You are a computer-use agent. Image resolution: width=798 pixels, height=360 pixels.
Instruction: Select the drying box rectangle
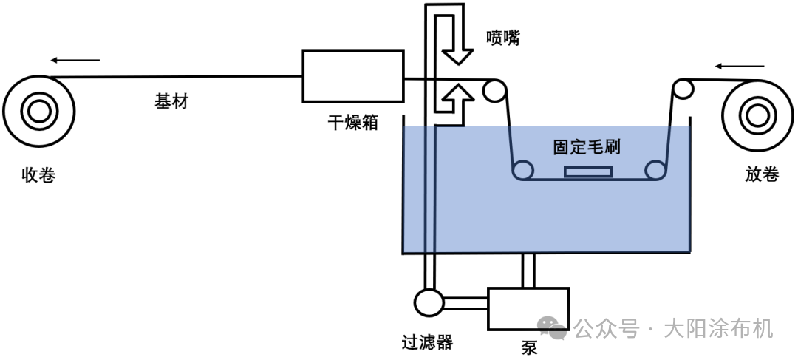tap(353, 75)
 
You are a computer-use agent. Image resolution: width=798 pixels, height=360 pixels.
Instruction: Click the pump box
tap(528, 309)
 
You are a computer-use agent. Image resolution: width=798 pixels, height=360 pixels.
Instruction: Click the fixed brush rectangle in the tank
tap(588, 172)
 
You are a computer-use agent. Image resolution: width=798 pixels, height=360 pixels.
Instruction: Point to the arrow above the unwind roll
tap(740, 67)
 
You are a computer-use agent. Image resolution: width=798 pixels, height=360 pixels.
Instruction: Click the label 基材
tap(171, 101)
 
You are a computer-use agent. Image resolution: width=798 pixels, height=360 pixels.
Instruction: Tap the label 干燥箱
tap(353, 122)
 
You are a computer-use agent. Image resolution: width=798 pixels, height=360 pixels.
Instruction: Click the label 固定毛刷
tap(587, 146)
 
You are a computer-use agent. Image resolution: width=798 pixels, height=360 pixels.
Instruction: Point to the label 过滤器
tap(427, 342)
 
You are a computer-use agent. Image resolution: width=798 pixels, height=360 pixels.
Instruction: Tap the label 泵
tap(529, 348)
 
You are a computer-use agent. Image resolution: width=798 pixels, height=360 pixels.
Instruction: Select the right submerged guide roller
tap(655, 171)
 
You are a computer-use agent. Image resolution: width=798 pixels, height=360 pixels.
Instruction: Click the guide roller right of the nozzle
tap(494, 92)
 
